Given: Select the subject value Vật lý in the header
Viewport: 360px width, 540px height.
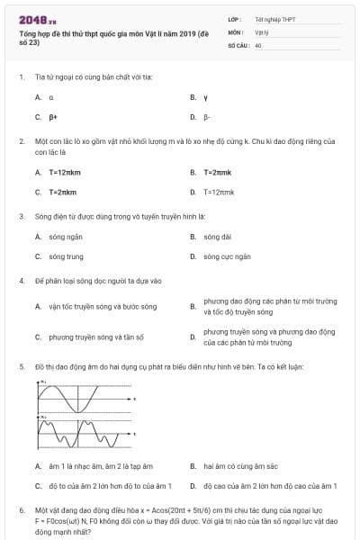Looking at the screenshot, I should click(261, 31).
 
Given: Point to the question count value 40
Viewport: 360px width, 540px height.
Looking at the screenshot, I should click(258, 45).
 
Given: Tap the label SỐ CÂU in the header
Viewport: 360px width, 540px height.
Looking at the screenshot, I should click(238, 45).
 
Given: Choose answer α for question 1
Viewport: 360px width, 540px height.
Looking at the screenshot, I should click(51, 96).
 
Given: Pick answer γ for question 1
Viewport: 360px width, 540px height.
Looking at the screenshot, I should click(206, 96).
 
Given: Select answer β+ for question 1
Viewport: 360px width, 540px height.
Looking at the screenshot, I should click(53, 117).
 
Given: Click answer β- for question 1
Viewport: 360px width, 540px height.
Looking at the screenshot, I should click(208, 117).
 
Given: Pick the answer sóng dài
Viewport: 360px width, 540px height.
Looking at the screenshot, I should click(217, 237).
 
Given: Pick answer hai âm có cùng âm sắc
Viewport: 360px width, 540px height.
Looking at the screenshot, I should click(239, 466).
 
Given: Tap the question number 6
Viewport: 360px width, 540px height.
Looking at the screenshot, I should click(22, 510).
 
